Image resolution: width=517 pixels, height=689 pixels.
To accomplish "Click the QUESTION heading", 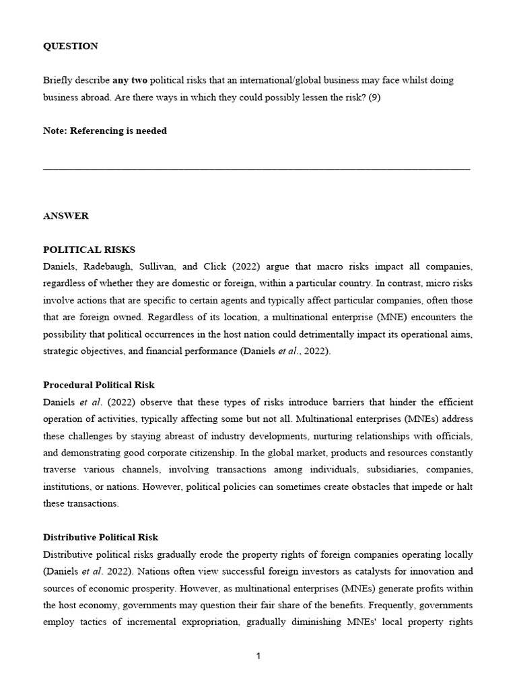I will click(70, 46).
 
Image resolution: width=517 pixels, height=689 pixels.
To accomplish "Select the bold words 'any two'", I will click(130, 80).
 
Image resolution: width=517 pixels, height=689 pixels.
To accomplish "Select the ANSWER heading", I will click(65, 216).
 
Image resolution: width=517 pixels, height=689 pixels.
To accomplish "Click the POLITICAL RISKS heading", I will click(89, 250).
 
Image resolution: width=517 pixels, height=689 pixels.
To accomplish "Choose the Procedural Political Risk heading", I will click(98, 385).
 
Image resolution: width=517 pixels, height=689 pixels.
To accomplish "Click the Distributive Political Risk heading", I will click(100, 538).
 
